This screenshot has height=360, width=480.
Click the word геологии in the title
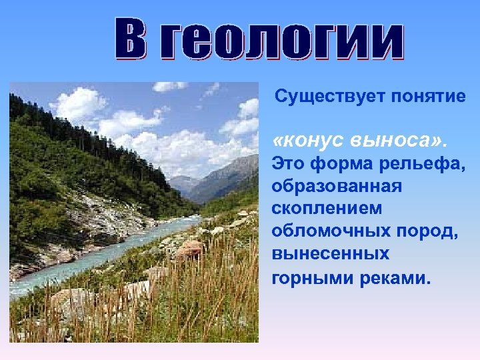[x=284, y=41]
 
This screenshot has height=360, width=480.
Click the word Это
[x=289, y=162]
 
